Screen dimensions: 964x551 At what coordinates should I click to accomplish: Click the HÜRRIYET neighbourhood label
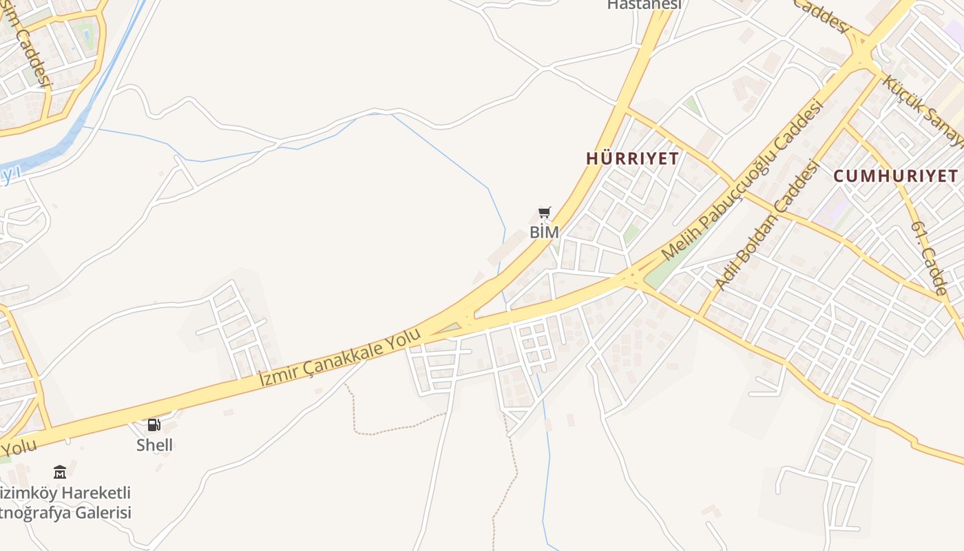(632, 158)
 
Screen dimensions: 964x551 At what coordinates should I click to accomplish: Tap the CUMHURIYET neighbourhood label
(895, 176)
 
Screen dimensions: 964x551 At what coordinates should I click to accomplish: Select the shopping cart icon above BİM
(545, 212)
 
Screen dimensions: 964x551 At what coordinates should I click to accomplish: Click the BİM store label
(544, 232)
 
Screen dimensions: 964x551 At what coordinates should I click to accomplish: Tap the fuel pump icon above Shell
(154, 425)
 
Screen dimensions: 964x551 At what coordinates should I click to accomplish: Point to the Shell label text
(154, 445)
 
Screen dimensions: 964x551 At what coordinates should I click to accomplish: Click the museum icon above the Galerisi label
(60, 472)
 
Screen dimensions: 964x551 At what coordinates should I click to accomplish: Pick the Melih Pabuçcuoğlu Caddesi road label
(742, 180)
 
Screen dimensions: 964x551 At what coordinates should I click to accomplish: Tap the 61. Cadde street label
(930, 258)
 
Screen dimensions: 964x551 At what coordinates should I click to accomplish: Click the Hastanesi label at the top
(644, 5)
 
